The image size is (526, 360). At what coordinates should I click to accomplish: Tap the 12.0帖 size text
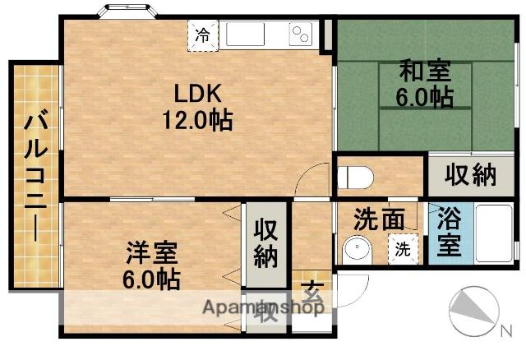tap(196, 121)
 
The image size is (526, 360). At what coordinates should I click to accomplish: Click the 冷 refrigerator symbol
tap(201, 35)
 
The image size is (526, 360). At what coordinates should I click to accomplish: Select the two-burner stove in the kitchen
tap(300, 35)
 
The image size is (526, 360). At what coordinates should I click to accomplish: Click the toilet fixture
tap(356, 177)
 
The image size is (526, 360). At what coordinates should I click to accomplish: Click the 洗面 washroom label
tap(379, 220)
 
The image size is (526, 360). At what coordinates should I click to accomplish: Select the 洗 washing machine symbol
tap(403, 248)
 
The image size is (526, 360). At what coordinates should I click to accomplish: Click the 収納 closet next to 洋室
tap(264, 243)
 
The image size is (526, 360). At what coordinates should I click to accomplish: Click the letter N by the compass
tap(505, 332)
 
